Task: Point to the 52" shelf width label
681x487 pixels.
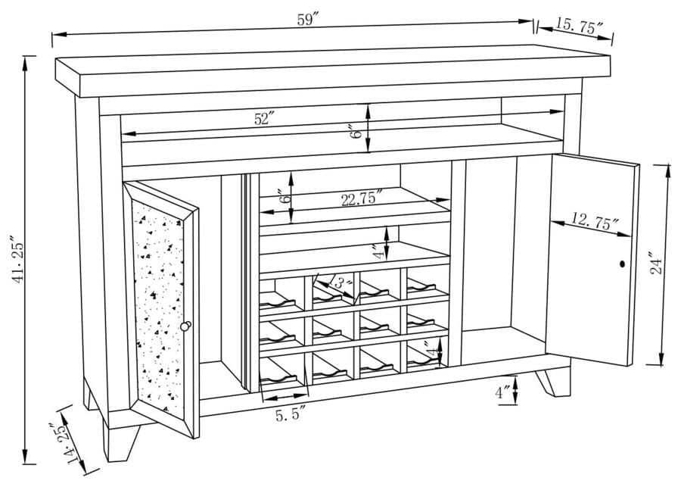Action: (264, 118)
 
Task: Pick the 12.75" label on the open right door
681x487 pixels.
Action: (595, 220)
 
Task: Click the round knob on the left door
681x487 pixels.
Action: (186, 326)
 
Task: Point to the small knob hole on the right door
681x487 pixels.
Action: (622, 264)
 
